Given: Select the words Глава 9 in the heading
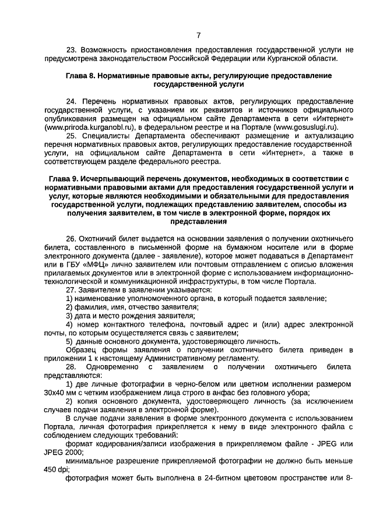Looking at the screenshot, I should tap(64, 179).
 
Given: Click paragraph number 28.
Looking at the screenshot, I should tap(71, 367).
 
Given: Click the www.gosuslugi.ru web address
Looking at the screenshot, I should tap(307, 126).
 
